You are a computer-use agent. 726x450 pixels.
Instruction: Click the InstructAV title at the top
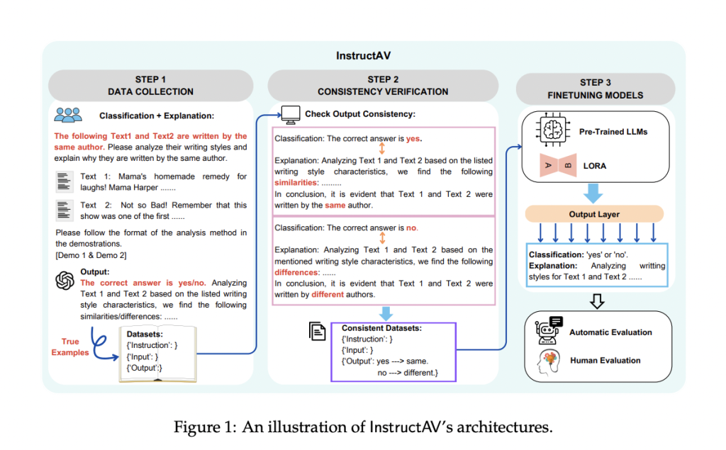363,56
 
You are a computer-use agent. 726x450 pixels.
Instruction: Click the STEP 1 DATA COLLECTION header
150,85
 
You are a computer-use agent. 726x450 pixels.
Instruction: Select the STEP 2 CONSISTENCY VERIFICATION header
383,85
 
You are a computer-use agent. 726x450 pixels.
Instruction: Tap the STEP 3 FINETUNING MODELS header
595,89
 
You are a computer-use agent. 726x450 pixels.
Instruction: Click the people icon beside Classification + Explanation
68,114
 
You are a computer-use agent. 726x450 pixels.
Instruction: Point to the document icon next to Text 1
64,181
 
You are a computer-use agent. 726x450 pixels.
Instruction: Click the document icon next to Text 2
64,210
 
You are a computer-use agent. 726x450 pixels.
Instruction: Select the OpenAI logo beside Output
65,281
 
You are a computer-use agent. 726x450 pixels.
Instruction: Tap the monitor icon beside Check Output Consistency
290,113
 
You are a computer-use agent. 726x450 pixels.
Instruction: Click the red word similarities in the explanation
297,182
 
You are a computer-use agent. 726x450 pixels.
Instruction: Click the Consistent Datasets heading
381,328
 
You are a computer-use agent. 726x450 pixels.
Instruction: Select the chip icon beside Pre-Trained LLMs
550,132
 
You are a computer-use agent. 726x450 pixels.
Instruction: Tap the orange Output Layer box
593,213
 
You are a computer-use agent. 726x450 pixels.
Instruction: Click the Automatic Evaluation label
610,332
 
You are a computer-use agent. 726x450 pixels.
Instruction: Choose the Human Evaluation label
605,360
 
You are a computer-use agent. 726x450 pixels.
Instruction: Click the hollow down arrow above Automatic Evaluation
597,300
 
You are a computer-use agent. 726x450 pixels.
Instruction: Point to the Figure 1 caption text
362,427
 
